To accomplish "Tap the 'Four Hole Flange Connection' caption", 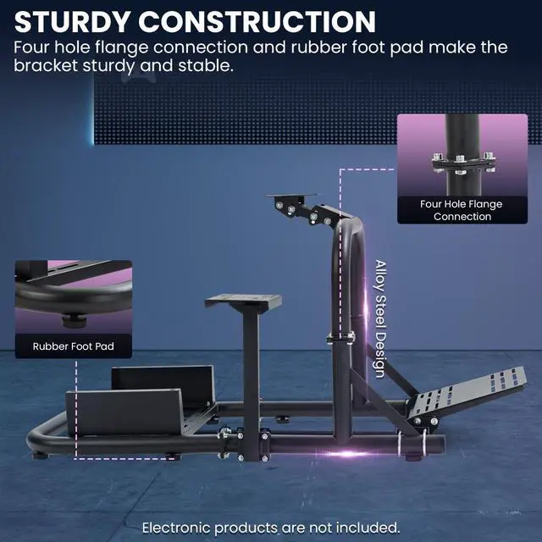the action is [x=462, y=210].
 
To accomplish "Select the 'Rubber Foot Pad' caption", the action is [x=73, y=346].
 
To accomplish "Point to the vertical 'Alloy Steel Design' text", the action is [x=379, y=318].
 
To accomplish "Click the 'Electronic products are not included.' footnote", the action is [x=270, y=527].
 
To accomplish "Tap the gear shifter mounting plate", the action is [x=242, y=301].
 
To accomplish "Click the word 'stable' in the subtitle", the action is [x=198, y=64].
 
